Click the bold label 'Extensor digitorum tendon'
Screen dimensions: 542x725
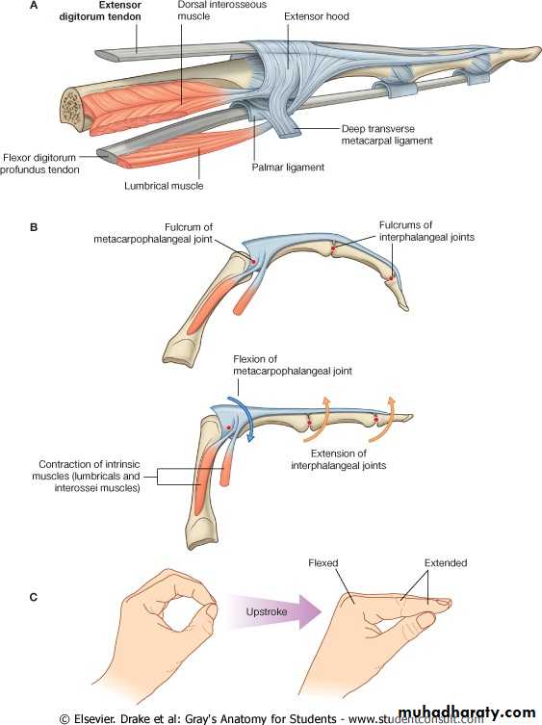click(x=100, y=11)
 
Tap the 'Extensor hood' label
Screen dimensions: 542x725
click(x=317, y=16)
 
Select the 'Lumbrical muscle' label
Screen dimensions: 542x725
click(x=164, y=186)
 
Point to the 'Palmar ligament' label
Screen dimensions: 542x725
click(x=288, y=167)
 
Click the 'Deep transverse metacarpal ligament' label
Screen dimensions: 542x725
click(x=387, y=135)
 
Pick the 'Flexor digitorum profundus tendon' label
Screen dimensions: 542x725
click(x=39, y=164)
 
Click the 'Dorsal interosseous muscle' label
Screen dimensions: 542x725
click(x=222, y=11)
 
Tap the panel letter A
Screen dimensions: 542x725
click(x=34, y=6)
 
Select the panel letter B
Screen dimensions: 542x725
click(x=34, y=227)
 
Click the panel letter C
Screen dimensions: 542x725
click(x=34, y=597)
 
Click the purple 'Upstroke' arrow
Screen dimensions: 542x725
click(x=273, y=611)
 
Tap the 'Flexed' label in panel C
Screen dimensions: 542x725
click(x=323, y=562)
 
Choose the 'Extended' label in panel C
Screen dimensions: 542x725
click(x=446, y=562)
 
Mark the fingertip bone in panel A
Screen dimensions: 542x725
click(x=518, y=54)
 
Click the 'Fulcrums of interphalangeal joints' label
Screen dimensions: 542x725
click(x=426, y=231)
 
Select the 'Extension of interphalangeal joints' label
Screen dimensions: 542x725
click(x=339, y=459)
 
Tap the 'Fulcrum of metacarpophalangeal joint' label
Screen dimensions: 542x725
click(x=153, y=233)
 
